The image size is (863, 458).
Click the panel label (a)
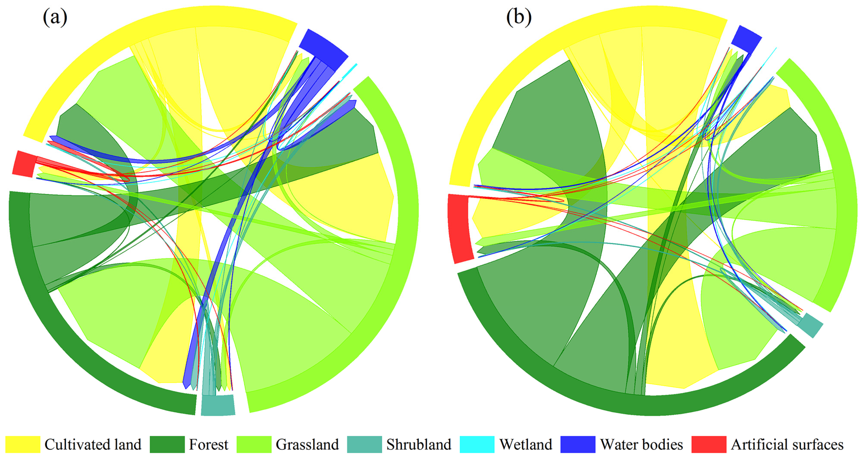[x=55, y=17]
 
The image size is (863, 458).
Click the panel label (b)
[x=519, y=17]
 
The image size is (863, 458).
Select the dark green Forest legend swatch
[x=167, y=445]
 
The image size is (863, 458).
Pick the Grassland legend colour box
[x=254, y=445]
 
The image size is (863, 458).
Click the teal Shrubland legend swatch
[x=364, y=445]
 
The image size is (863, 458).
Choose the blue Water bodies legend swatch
[x=578, y=445]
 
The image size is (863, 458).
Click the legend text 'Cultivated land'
[x=93, y=445]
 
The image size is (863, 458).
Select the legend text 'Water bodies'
[x=641, y=445]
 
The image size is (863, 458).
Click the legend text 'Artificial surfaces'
[x=787, y=445]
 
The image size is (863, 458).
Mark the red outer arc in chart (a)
[x=24, y=164]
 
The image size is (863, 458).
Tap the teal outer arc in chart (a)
[x=218, y=405]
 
